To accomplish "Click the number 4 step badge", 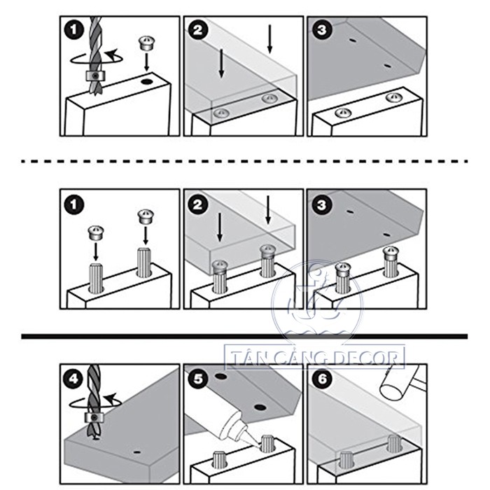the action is pos(73,379).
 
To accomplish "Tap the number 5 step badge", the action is pos(198,379).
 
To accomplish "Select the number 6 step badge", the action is pos(322,379).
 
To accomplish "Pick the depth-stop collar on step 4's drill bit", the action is pos(94,417).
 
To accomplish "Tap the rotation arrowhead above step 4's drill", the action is pos(110,398).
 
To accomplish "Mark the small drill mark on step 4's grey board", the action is pos(136,452).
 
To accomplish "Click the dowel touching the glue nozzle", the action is pos(267,443).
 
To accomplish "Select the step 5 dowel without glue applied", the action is pos(219,460).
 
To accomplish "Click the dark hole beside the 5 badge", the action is pos(220,376).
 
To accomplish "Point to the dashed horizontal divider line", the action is pos(244,161).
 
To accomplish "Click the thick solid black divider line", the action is pos(244,336).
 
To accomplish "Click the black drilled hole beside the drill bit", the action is pos(146,82).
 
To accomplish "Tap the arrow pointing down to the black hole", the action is pos(146,62).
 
